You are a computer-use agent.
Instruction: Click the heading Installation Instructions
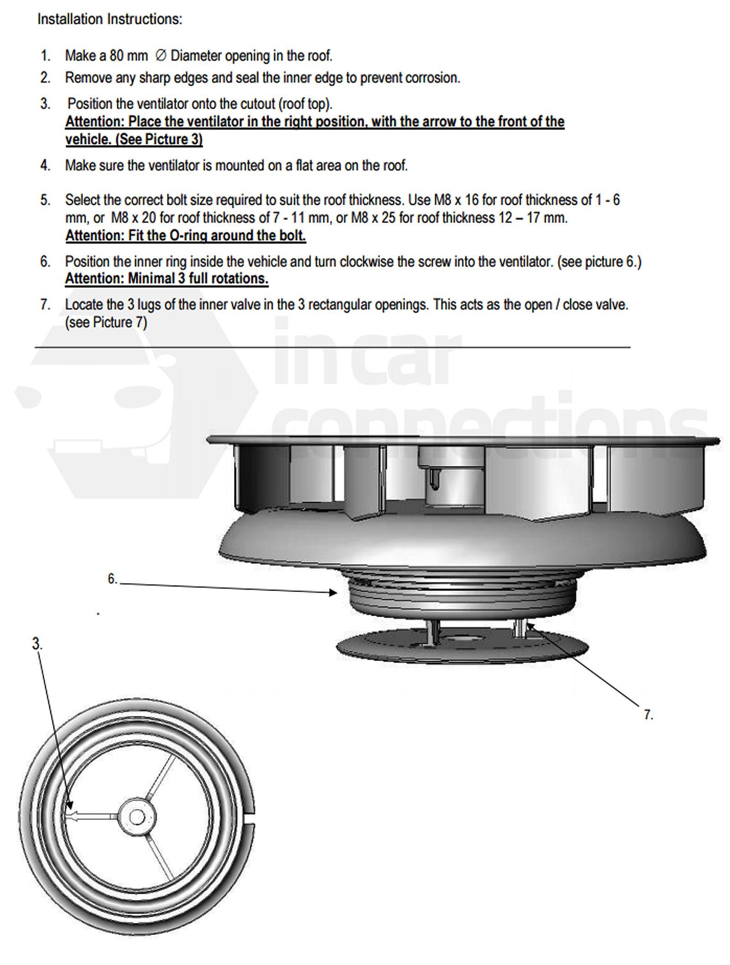coord(109,19)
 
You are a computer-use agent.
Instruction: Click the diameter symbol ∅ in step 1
coord(160,56)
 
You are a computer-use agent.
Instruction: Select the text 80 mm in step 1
coord(129,56)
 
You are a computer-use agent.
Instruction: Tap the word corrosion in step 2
coord(432,78)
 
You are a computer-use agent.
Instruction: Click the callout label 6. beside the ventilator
coord(112,579)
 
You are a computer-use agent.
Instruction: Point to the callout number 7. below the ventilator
coord(648,715)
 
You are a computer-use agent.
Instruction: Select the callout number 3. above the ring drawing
coord(36,644)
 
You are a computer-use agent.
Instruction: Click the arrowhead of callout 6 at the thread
coord(334,592)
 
